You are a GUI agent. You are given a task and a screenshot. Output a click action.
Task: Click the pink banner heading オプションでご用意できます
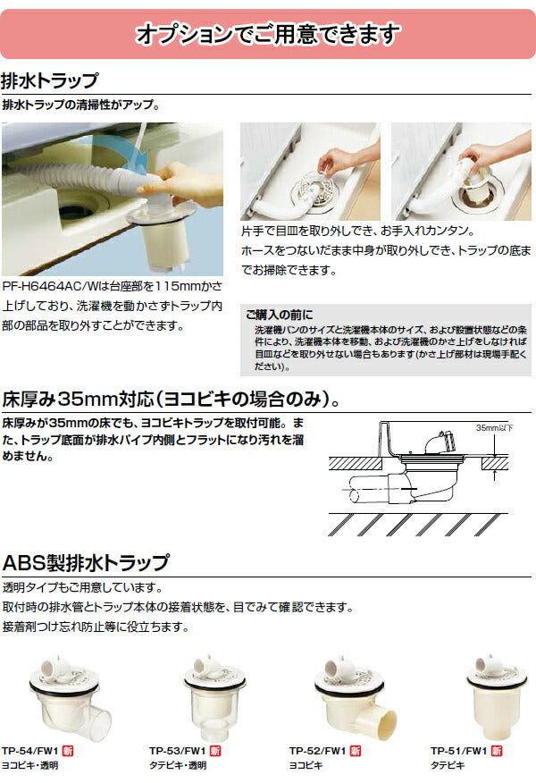click(267, 34)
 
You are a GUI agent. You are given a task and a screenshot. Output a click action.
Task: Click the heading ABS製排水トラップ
click(86, 563)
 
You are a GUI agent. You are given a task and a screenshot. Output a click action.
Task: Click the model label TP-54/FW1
click(32, 751)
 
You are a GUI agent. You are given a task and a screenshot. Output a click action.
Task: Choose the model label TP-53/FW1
click(174, 751)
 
